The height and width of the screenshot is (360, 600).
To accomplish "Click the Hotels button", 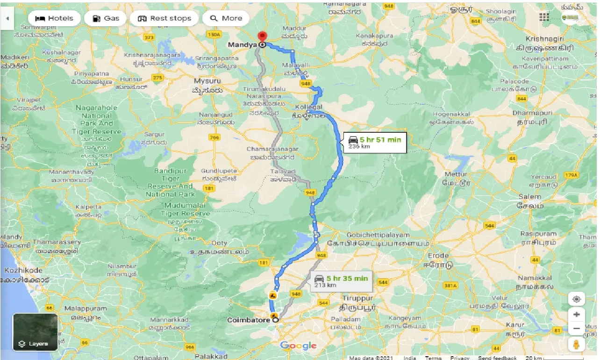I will point(54,18).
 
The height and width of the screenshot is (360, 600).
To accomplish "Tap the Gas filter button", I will point(106,18).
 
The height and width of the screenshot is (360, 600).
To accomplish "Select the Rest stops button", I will point(164,18).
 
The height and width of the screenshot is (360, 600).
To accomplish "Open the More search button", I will point(226,18).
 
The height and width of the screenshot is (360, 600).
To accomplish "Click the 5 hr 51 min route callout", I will point(375,143).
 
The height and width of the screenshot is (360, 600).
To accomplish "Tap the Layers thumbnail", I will point(36,332).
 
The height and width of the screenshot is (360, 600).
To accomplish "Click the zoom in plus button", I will point(577,314).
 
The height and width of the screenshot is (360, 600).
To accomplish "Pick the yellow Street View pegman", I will point(577,344).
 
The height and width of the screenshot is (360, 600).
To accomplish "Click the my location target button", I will point(577,299).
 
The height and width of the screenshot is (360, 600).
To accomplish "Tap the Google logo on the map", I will point(299,346).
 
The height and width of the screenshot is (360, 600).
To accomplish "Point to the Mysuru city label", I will point(207,81).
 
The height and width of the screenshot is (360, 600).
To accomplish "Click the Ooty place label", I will point(219,243).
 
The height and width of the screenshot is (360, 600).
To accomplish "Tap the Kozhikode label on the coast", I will point(23,270).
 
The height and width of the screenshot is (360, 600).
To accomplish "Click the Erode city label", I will point(438,256).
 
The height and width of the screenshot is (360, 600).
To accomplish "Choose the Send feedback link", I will point(497,358).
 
